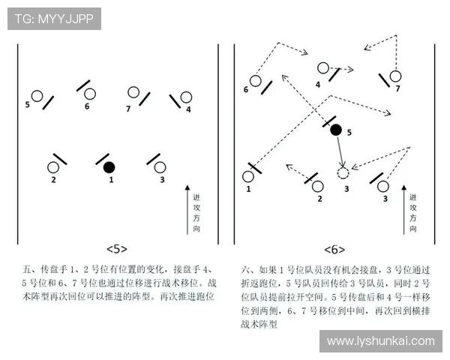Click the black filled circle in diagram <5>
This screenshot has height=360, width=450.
(109, 166)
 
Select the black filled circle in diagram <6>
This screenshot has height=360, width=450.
(335, 130)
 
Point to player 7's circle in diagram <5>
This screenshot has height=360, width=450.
(133, 93)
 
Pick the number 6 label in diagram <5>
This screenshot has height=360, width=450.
(87, 106)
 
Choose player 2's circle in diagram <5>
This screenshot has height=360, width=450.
(54, 167)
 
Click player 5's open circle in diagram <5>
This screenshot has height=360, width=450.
(37, 96)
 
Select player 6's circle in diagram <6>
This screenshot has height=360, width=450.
(255, 80)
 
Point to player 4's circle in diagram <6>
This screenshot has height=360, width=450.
(322, 67)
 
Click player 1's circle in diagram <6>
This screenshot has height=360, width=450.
(248, 177)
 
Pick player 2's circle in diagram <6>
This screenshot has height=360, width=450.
(318, 185)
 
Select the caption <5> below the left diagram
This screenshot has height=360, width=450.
(117, 248)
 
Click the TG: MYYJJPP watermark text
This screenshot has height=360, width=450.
(54, 19)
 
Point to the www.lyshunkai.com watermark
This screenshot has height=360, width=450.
(380, 341)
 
